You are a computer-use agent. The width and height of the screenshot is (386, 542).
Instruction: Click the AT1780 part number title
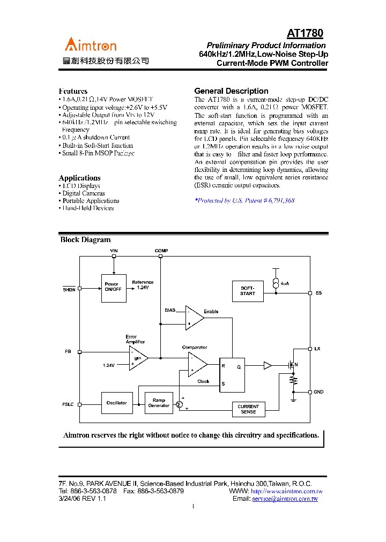(x=305, y=34)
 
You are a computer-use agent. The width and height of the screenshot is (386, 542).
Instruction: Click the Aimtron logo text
(x=91, y=45)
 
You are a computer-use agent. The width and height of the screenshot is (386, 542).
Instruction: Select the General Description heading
(x=231, y=91)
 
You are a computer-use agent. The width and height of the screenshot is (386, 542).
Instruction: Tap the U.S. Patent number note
(x=244, y=200)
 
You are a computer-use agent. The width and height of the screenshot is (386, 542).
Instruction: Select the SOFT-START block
(x=248, y=290)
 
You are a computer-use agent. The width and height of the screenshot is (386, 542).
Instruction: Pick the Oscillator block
(x=116, y=403)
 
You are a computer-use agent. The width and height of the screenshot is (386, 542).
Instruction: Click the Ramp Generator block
(x=159, y=403)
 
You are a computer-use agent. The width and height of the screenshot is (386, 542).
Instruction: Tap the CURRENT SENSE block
(x=248, y=409)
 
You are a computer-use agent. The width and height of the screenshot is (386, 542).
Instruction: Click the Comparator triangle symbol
(x=196, y=365)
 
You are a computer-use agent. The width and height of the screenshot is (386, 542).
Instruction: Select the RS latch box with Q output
(x=232, y=374)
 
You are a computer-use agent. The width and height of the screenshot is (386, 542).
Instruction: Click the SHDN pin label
(x=69, y=289)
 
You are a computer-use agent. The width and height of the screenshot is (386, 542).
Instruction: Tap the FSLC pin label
(x=68, y=404)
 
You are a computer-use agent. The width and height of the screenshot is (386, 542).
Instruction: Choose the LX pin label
(x=318, y=349)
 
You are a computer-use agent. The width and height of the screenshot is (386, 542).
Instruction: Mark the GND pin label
(x=318, y=392)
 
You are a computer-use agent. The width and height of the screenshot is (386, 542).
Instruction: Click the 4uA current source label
(x=284, y=283)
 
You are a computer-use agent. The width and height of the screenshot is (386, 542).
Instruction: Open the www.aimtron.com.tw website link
(x=286, y=491)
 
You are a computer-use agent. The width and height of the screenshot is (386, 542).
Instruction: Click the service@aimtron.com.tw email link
(x=285, y=499)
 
